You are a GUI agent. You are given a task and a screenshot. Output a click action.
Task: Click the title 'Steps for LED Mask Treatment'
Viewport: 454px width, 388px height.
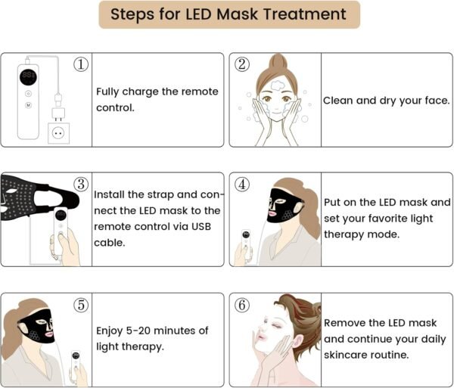pos(229,14)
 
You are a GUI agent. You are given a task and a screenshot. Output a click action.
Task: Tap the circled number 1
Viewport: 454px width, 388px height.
pos(81,64)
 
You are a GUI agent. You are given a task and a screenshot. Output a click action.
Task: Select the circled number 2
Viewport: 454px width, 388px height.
pos(242,64)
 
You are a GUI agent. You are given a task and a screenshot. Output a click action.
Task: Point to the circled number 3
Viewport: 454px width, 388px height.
pos(81,185)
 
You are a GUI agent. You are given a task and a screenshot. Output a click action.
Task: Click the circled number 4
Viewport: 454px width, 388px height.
pos(242,185)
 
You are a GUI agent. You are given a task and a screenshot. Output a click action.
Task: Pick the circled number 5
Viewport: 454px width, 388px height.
pos(81,305)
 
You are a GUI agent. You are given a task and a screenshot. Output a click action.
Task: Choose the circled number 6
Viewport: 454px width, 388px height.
pos(242,305)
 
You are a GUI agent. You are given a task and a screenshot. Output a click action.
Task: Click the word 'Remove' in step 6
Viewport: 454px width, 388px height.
pos(346,323)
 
